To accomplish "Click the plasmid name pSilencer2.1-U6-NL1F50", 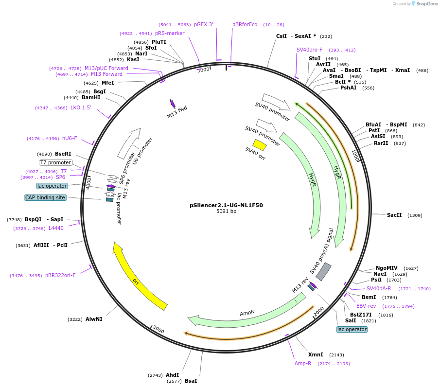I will [x=226, y=205].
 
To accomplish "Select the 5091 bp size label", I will [x=226, y=212].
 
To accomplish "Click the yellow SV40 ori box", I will [x=260, y=145].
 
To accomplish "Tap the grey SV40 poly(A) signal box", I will [x=324, y=271].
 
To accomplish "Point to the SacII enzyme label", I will [x=394, y=215].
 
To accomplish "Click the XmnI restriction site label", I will [x=316, y=355].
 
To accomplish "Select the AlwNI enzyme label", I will [x=94, y=319].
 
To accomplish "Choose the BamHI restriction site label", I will [x=91, y=98].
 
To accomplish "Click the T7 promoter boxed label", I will [x=56, y=162].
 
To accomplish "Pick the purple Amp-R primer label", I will [x=303, y=363].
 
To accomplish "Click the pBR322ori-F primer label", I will [x=60, y=276].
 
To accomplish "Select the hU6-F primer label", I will [x=70, y=139].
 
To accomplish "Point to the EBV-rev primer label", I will [x=366, y=306].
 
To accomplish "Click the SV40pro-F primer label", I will [x=309, y=50].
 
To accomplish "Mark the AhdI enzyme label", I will [x=172, y=375].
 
